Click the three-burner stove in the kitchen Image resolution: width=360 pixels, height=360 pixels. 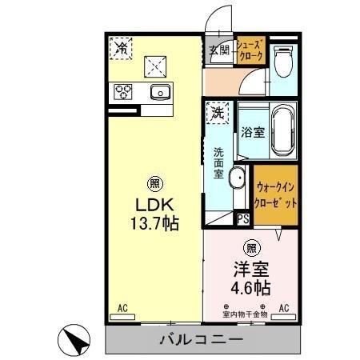(124, 90)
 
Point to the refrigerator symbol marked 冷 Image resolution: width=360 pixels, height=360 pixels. (121, 48)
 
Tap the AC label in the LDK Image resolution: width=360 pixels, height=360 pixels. (122, 307)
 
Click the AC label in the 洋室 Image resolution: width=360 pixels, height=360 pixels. (283, 307)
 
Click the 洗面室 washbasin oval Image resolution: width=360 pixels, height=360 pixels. (238, 178)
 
